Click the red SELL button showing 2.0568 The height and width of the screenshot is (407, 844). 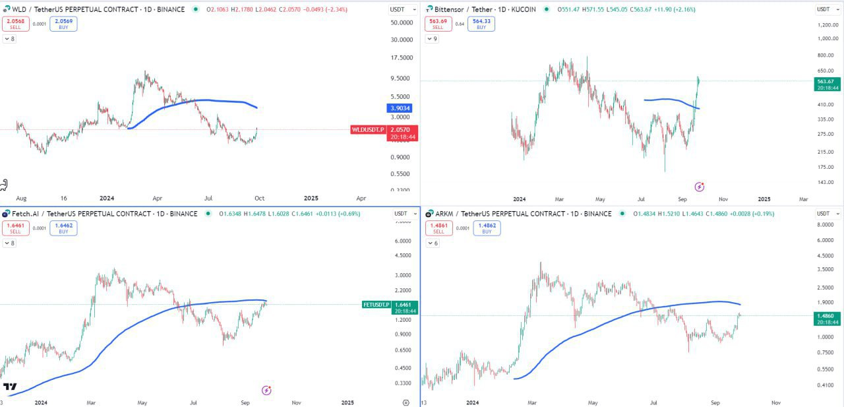(15, 24)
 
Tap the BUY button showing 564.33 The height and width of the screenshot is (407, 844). (481, 24)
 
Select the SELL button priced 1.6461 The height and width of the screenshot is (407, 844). (15, 228)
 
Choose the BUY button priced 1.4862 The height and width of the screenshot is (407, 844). (487, 228)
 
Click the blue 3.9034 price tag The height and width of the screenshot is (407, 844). (400, 108)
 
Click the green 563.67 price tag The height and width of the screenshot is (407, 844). (827, 81)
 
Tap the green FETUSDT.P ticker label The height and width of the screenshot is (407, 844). (377, 304)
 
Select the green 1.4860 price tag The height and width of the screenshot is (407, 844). (827, 315)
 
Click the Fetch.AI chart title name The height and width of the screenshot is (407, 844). (26, 214)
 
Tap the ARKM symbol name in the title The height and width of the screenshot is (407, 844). (445, 214)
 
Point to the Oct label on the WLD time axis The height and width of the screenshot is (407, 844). (260, 198)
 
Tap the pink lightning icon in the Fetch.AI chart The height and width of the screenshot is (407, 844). (266, 391)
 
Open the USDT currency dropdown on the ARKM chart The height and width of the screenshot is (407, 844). (824, 214)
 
